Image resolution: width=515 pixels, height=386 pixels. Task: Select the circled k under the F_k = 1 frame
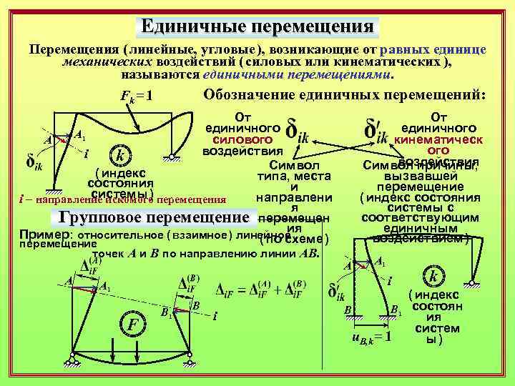click(120, 156)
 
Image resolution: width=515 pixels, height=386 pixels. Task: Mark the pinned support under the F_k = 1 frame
click(172, 159)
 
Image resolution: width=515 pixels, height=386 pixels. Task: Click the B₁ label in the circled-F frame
click(165, 312)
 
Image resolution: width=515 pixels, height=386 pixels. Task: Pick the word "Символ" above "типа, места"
click(295, 164)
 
